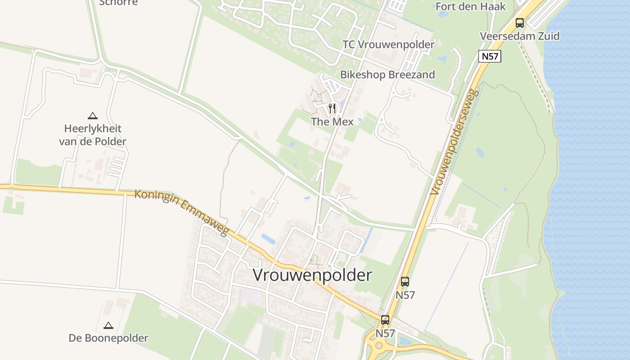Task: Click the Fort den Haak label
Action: click(x=471, y=6)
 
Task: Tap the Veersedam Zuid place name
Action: click(x=520, y=36)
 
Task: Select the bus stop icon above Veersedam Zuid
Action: click(x=520, y=22)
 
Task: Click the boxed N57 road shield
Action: click(x=490, y=56)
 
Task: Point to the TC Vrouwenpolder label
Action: click(x=388, y=45)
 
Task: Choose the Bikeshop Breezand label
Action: click(x=387, y=75)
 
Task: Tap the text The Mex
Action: click(x=332, y=121)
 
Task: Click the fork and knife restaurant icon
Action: click(x=332, y=108)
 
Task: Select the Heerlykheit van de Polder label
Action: click(x=93, y=135)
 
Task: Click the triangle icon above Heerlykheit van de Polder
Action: click(x=93, y=116)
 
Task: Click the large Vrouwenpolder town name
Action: click(x=313, y=275)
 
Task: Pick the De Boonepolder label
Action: click(x=108, y=338)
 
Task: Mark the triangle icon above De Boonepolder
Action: click(x=108, y=325)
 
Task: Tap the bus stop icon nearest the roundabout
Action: click(x=385, y=320)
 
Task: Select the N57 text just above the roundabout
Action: click(x=385, y=333)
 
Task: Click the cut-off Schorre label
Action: click(x=118, y=3)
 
